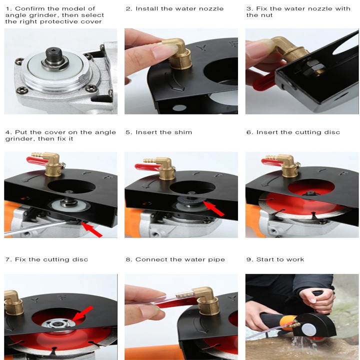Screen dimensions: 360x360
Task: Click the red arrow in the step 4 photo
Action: (x=91, y=229)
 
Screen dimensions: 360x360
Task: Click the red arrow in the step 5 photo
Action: (x=214, y=208)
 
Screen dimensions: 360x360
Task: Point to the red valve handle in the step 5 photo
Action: (x=146, y=167)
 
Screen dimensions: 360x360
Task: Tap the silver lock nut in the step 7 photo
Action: (x=58, y=323)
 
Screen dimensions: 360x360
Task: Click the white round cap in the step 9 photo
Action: (x=309, y=330)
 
